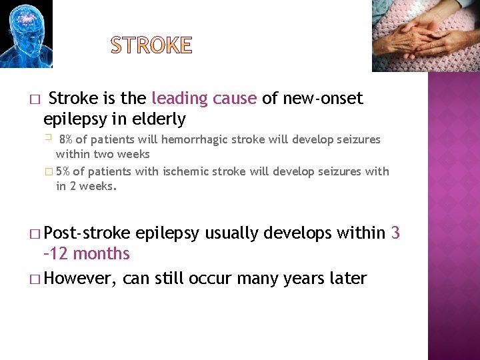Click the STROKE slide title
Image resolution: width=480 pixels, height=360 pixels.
151,46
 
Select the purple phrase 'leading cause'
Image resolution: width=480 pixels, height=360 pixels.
204,99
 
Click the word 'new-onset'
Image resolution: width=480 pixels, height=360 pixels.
323,99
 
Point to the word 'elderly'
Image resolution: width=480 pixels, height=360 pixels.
159,119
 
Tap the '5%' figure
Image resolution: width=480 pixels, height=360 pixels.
63,171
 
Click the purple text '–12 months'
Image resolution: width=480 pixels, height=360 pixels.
86,254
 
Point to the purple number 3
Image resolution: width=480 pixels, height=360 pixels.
395,233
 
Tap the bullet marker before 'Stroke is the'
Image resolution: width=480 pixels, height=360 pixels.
33,99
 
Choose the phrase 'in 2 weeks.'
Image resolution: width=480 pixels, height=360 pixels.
87,186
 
